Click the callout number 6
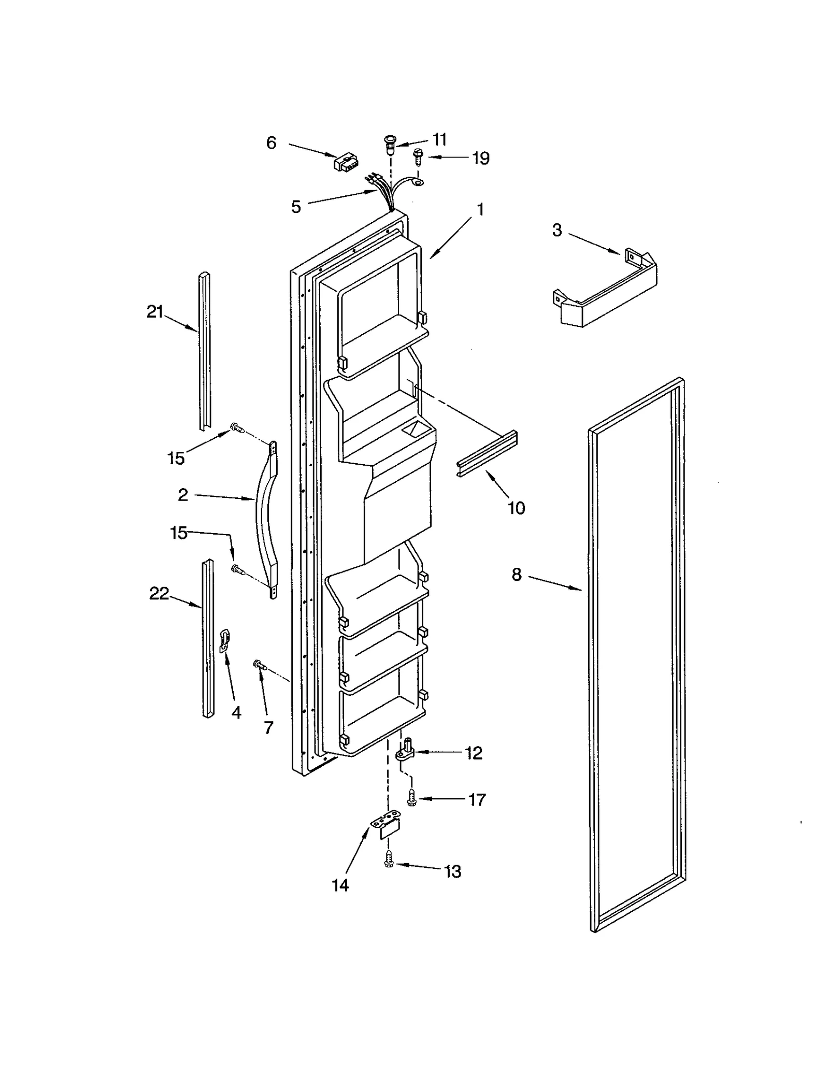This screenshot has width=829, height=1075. [x=271, y=142]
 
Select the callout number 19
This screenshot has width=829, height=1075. [x=480, y=158]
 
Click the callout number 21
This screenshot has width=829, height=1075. [x=155, y=312]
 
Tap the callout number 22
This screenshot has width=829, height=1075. [x=159, y=594]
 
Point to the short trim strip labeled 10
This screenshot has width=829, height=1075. [x=487, y=454]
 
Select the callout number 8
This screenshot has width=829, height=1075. [x=516, y=575]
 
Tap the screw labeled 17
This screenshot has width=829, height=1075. [x=412, y=798]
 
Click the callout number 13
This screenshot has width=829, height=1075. [x=452, y=871]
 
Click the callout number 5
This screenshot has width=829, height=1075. [x=296, y=207]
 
